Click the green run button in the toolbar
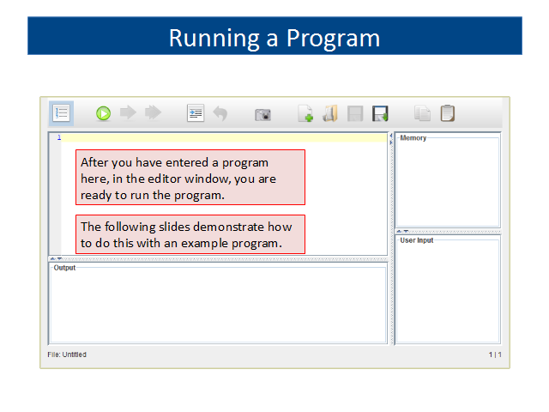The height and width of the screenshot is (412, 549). pyautogui.click(x=103, y=113)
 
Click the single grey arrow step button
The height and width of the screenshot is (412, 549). pyautogui.click(x=128, y=112)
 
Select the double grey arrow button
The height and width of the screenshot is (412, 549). pyautogui.click(x=153, y=112)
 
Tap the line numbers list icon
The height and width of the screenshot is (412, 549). pyautogui.click(x=61, y=113)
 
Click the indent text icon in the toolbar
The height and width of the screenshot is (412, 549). pyautogui.click(x=196, y=113)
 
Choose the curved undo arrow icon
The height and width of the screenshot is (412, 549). pyautogui.click(x=220, y=113)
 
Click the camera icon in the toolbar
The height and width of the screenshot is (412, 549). pyautogui.click(x=262, y=114)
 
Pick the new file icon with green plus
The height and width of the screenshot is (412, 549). pyautogui.click(x=305, y=113)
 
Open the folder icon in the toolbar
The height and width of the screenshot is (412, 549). pyautogui.click(x=330, y=113)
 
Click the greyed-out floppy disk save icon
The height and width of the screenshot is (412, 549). pyautogui.click(x=355, y=113)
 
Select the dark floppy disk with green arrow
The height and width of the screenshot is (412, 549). pyautogui.click(x=380, y=113)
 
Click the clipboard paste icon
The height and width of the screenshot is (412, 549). pyautogui.click(x=448, y=113)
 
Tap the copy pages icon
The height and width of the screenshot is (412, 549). pyautogui.click(x=422, y=113)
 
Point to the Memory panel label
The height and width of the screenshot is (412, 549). pyautogui.click(x=413, y=138)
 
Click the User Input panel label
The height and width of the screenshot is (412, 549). pyautogui.click(x=417, y=240)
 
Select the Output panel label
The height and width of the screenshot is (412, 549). pyautogui.click(x=64, y=268)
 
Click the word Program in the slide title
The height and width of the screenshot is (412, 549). pyautogui.click(x=333, y=38)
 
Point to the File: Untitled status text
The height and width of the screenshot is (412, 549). pyautogui.click(x=67, y=354)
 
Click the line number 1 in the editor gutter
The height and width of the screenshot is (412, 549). pyautogui.click(x=59, y=137)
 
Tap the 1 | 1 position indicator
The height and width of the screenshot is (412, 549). pyautogui.click(x=495, y=354)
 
